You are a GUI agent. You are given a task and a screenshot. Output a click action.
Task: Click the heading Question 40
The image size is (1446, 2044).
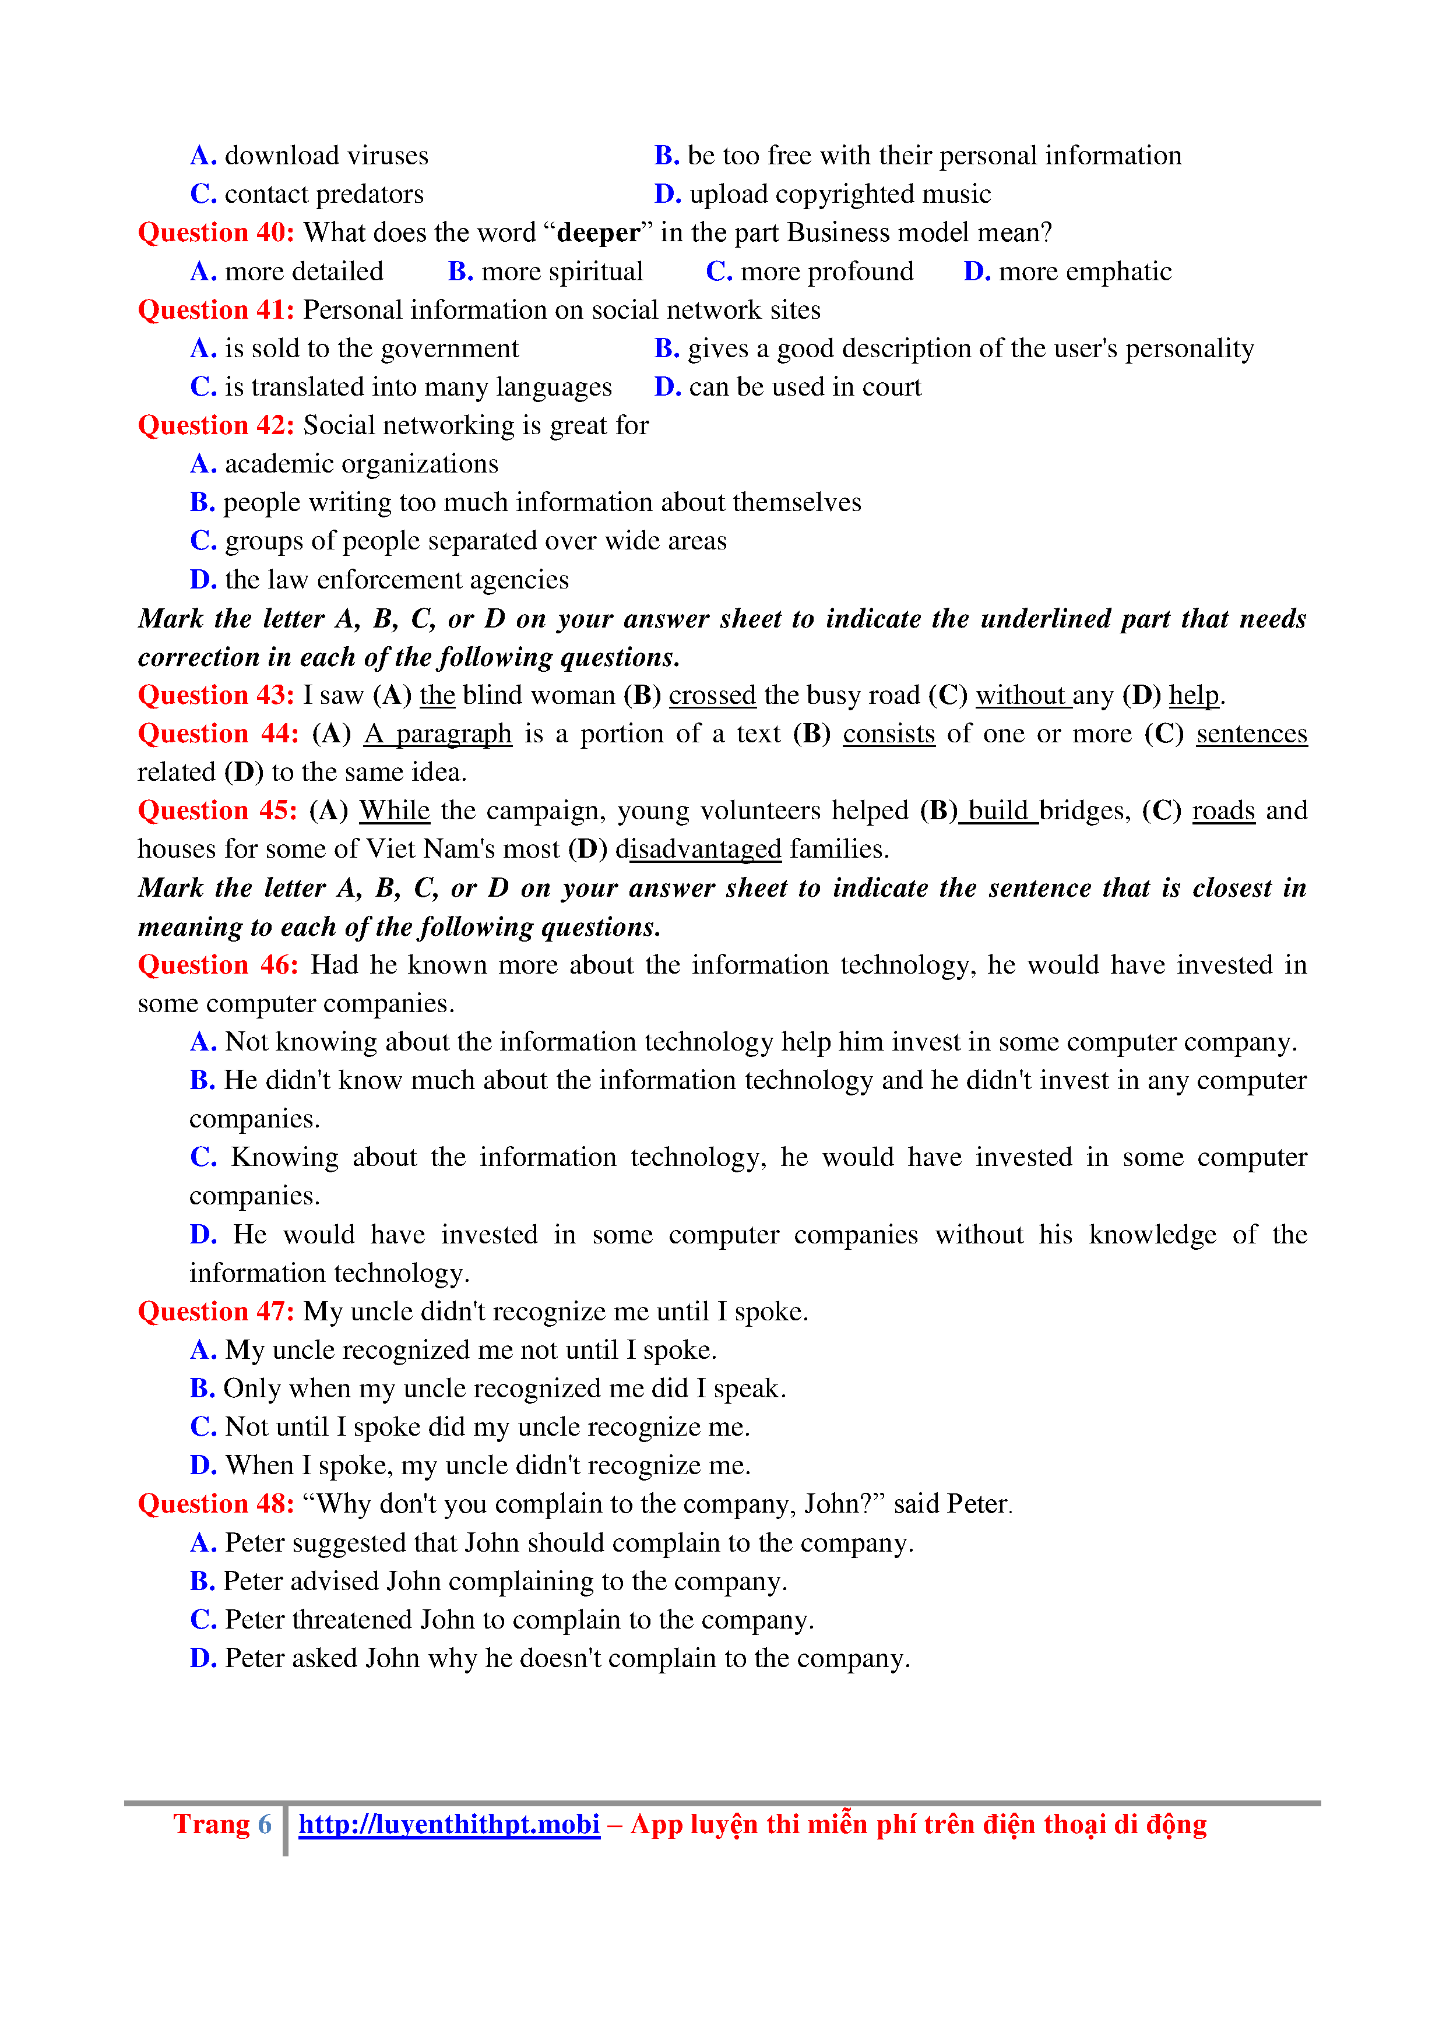(216, 233)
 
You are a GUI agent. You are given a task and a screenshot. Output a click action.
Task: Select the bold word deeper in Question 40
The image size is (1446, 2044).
(597, 233)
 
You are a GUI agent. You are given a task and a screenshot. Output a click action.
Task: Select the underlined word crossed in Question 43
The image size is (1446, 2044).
(712, 695)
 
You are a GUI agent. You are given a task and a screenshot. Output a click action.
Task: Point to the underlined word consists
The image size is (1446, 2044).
(889, 734)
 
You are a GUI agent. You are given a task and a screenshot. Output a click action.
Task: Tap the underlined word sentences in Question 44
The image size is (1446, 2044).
(1251, 734)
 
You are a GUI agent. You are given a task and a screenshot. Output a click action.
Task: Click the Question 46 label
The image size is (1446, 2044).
(218, 965)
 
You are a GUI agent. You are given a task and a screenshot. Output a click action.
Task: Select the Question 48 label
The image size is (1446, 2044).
(216, 1504)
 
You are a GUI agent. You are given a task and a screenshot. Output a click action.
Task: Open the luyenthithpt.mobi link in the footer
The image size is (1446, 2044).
(449, 1825)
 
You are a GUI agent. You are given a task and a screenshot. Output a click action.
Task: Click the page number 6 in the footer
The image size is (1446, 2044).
(265, 1825)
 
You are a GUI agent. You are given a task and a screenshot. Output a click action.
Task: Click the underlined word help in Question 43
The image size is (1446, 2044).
(1193, 695)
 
